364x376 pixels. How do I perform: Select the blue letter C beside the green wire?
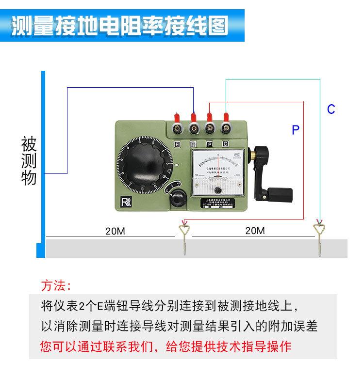[331, 109]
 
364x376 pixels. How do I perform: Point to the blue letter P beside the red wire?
[296, 129]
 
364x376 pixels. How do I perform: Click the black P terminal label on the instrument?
[210, 144]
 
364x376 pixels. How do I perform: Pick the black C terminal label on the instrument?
[225, 144]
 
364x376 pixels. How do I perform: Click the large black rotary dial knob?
[143, 165]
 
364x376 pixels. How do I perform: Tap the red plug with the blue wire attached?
[194, 118]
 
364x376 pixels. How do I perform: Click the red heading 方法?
[56, 285]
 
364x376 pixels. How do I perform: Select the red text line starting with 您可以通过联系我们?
[165, 347]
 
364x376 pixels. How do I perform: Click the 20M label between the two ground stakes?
[255, 231]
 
